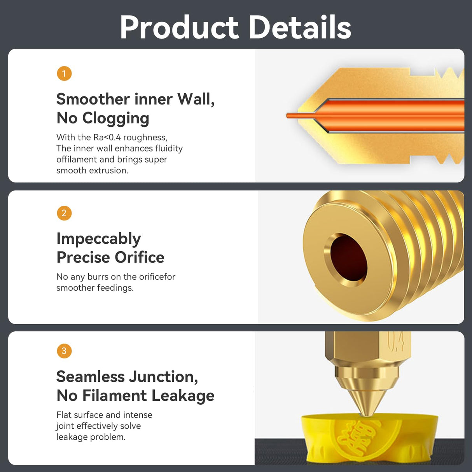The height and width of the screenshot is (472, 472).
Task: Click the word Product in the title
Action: [179, 27]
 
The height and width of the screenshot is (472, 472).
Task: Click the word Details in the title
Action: [299, 27]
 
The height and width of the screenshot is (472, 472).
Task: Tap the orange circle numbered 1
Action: [64, 73]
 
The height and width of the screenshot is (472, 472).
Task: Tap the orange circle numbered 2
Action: [64, 213]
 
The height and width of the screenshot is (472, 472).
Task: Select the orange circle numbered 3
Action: [64, 351]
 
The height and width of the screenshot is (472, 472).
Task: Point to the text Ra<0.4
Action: [107, 137]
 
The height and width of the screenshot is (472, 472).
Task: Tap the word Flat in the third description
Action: [64, 415]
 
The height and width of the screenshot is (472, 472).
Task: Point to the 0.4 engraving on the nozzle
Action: [396, 342]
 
